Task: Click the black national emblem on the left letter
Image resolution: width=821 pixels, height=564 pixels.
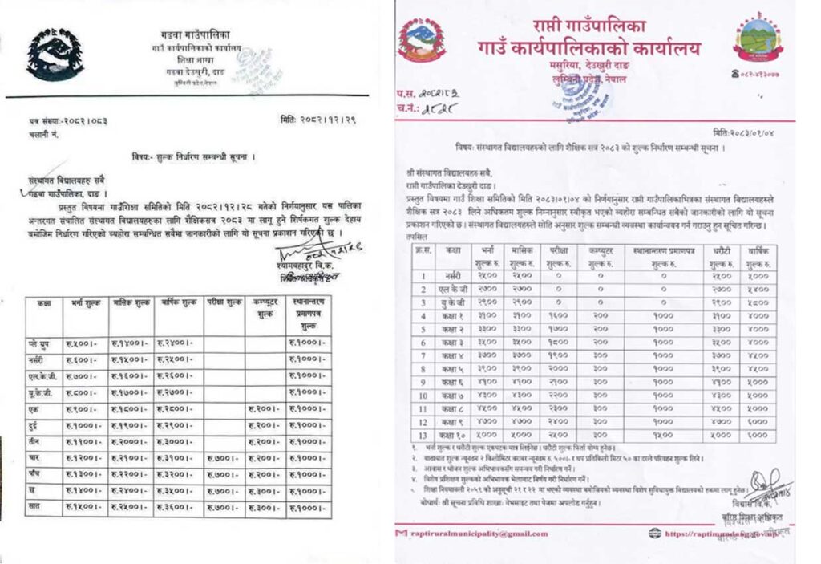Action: pos(55,54)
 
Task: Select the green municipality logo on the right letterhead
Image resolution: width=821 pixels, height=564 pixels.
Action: pos(757,39)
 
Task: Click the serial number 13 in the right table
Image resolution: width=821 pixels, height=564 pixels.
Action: pos(423,435)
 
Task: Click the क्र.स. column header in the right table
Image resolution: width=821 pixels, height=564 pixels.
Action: pos(423,251)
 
